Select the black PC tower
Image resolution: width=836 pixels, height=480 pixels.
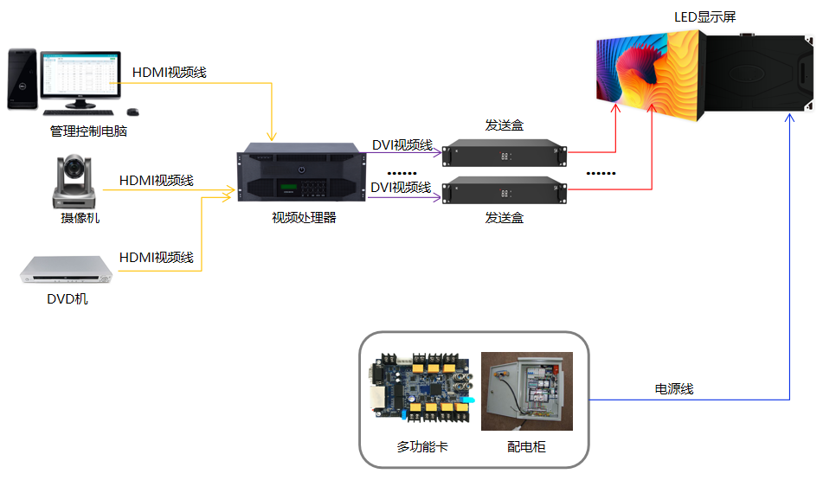(x=22, y=79)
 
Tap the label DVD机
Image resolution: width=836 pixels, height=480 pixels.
(x=68, y=299)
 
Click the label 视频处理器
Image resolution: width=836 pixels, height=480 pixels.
(x=304, y=218)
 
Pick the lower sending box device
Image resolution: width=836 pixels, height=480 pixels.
(x=505, y=190)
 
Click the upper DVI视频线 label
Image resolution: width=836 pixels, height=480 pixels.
(x=402, y=144)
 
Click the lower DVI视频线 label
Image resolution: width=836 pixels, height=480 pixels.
(x=401, y=187)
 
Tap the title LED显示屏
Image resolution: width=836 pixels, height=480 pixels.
(x=704, y=17)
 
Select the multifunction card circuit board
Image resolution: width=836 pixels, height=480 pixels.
(x=421, y=390)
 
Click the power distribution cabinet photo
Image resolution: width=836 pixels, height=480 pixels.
(x=526, y=391)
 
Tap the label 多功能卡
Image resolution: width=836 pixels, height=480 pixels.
(x=422, y=447)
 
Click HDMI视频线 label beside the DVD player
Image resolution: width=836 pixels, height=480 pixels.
(x=156, y=257)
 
